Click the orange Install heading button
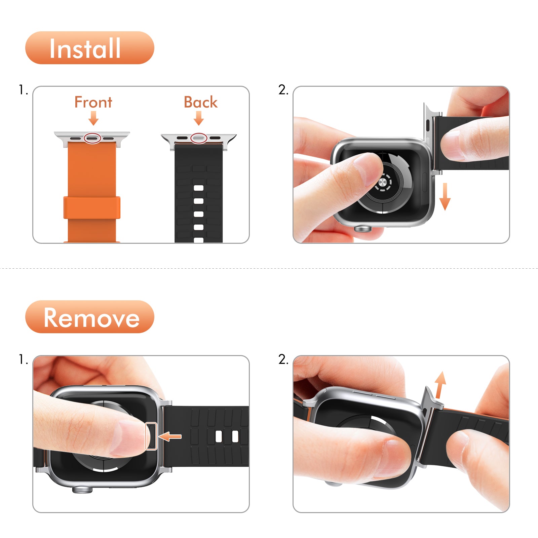tap(89, 48)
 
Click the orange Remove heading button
tap(89, 317)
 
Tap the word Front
tap(93, 102)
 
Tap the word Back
tap(200, 102)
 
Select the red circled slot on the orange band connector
tap(92, 138)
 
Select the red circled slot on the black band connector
tap(199, 138)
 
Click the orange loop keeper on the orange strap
tap(92, 207)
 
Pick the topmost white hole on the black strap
tap(199, 188)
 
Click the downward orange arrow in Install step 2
tap(445, 197)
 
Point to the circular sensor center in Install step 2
tap(383, 183)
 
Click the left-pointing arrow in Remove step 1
tap(170, 437)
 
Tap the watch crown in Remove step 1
tap(82, 490)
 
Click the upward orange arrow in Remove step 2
tap(439, 384)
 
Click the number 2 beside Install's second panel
tap(283, 90)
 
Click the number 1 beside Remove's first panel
tap(23, 359)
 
